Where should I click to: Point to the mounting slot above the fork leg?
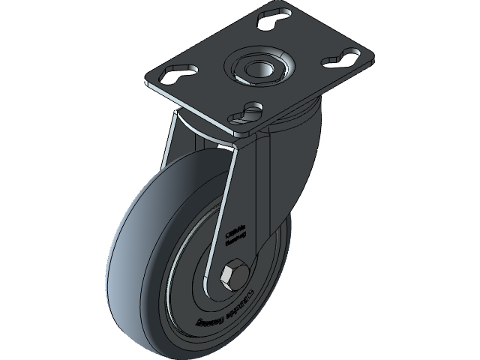point(249,113)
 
